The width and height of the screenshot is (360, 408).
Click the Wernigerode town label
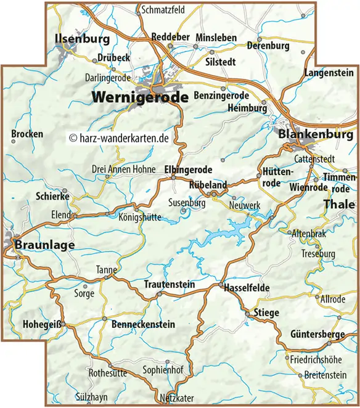pyautogui.click(x=141, y=97)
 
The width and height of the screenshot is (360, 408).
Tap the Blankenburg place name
pyautogui.click(x=315, y=134)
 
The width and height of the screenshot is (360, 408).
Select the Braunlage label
pyautogui.click(x=44, y=245)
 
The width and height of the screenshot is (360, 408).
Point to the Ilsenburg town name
pyautogui.click(x=82, y=39)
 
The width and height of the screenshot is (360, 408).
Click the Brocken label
pyautogui.click(x=27, y=134)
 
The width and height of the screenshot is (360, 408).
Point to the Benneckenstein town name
pyautogui.click(x=143, y=324)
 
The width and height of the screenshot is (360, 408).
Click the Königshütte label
pyautogui.click(x=137, y=216)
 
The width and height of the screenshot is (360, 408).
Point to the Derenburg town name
pyautogui.click(x=268, y=46)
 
